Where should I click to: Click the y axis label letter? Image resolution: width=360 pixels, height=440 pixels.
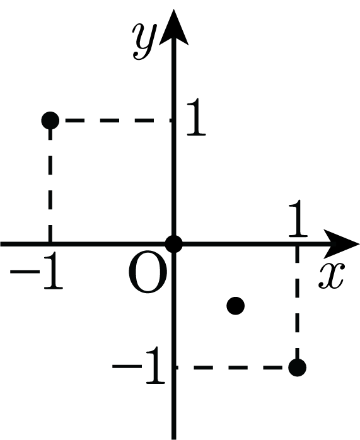(x=144, y=41)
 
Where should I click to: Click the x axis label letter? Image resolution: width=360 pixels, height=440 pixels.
(x=331, y=276)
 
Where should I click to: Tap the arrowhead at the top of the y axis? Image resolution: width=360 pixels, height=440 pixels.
(x=173, y=26)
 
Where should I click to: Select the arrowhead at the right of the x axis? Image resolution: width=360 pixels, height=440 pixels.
(x=340, y=244)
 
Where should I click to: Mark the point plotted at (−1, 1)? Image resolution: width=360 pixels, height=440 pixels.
(x=50, y=120)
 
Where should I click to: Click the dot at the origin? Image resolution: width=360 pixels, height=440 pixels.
(x=173, y=244)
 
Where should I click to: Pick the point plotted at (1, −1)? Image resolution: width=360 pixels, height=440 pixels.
(x=298, y=368)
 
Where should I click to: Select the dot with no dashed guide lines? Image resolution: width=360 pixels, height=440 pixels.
(x=235, y=306)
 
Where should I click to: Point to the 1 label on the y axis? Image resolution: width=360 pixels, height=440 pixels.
(x=196, y=117)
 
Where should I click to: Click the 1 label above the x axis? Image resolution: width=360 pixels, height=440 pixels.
(x=298, y=218)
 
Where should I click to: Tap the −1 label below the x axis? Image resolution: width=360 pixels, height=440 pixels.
(x=37, y=271)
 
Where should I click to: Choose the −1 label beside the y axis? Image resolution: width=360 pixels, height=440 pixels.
(x=139, y=365)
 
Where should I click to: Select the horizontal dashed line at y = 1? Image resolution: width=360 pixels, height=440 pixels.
(x=118, y=120)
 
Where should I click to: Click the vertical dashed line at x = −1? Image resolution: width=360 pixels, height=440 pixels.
(x=50, y=185)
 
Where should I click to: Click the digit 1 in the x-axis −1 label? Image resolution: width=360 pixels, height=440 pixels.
(x=54, y=271)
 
